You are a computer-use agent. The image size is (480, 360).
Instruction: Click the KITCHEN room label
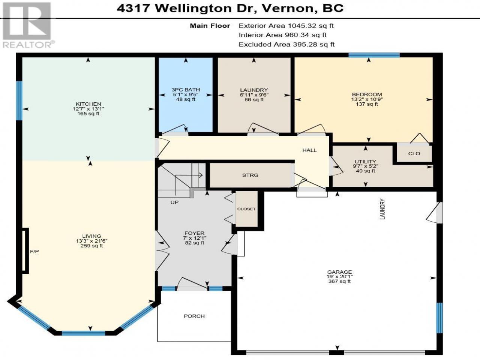point(88,104)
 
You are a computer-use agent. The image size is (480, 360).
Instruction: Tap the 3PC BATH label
point(186,90)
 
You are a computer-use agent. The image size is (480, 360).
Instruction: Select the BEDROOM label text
point(367,94)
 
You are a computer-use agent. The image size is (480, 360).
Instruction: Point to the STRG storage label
point(250,175)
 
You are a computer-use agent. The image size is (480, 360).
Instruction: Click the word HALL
point(309,150)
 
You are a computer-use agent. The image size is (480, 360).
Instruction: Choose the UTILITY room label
point(365,161)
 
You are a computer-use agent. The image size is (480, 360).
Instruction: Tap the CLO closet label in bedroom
point(414,153)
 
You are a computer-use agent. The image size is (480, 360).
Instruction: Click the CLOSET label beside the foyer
point(246,209)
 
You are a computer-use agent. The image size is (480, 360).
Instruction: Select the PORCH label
point(194,316)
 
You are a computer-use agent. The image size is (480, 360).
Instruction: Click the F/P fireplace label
point(34,252)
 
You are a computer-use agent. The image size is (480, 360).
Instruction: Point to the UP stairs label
point(174,202)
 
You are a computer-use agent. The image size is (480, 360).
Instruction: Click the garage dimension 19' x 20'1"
point(339,276)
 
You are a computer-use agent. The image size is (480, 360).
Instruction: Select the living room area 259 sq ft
point(91,246)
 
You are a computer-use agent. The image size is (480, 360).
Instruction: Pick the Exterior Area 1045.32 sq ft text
point(286,26)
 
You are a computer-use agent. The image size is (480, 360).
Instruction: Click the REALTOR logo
point(27,25)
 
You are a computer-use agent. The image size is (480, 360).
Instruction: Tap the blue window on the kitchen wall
point(19,100)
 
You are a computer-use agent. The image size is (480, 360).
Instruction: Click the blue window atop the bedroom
point(374,55)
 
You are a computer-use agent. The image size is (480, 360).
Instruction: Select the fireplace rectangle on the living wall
point(25,250)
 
